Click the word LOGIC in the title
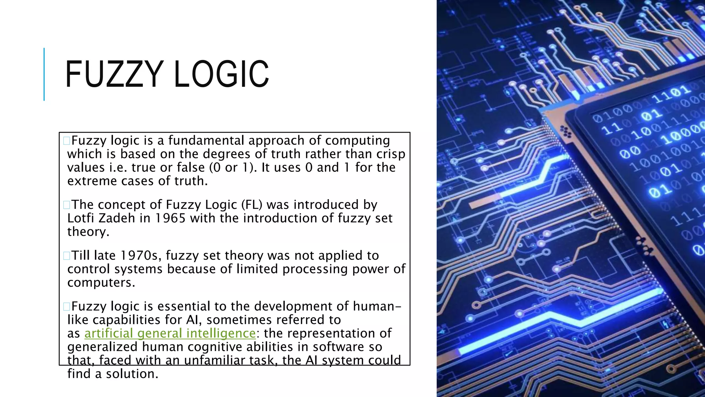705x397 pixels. [x=221, y=74]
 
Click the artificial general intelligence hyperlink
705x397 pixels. [x=170, y=333]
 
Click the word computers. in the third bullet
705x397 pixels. [x=101, y=283]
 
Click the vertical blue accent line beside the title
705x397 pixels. [x=44, y=74]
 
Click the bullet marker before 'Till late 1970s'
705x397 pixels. [x=66, y=256]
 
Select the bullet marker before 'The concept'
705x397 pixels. [x=66, y=205]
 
